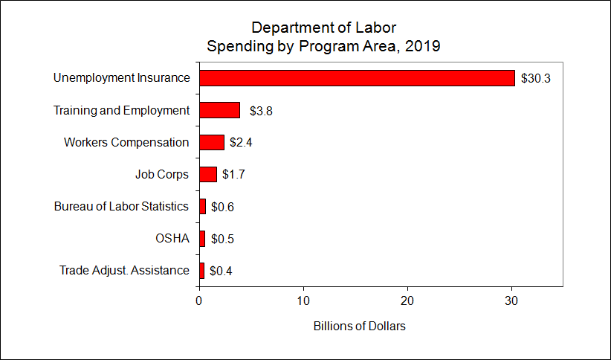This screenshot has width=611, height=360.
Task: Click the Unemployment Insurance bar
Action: (x=357, y=78)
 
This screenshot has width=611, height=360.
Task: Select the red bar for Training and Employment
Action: (x=219, y=110)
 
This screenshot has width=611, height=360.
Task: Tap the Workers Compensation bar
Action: (x=212, y=142)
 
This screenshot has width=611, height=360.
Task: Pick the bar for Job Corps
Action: (x=208, y=174)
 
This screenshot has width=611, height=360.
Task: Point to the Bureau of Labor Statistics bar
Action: (x=202, y=206)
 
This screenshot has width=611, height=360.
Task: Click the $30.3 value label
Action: (x=535, y=78)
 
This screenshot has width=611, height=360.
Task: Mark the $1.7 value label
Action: (x=233, y=174)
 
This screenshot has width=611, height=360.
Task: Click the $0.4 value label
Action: (x=222, y=271)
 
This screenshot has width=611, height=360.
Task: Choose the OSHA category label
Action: (x=172, y=239)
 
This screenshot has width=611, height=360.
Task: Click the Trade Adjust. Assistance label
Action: (x=124, y=271)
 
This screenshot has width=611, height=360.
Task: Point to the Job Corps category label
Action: (x=162, y=174)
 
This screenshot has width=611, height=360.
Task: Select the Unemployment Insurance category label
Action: (x=122, y=78)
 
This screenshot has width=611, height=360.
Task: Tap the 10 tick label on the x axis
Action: (x=303, y=300)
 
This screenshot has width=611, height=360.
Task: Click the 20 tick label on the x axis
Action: (x=407, y=300)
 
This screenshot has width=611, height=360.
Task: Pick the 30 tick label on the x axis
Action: (x=511, y=300)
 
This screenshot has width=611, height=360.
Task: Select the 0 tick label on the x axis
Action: (x=199, y=300)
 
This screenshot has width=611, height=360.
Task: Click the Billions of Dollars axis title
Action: (x=360, y=327)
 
